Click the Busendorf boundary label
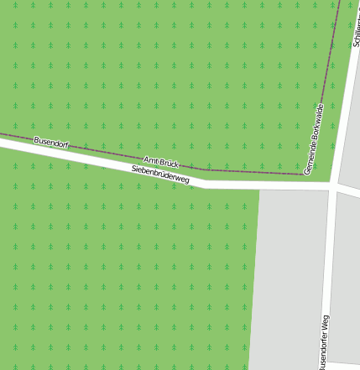pos(50,143)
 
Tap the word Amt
pos(151,159)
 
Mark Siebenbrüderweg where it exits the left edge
pos(3,143)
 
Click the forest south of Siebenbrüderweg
pos(126,277)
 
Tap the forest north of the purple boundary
pos(168,67)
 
